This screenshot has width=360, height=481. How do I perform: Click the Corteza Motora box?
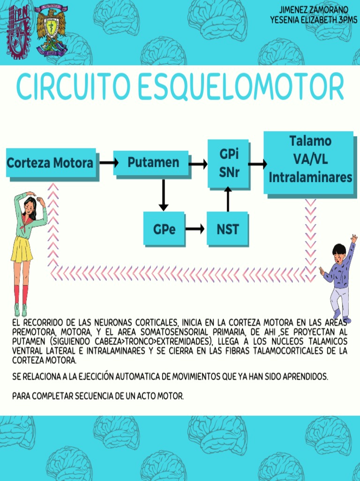tap(51, 163)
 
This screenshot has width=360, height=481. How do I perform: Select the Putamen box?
tap(152, 163)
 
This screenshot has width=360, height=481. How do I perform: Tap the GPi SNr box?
tap(229, 163)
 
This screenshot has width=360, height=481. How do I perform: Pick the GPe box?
tap(164, 229)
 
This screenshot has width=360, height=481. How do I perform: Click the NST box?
tap(227, 229)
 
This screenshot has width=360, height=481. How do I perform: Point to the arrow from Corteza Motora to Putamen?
tap(109, 163)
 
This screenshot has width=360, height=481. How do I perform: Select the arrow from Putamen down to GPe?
tap(164, 195)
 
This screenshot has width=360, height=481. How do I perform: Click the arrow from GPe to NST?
tap(195, 229)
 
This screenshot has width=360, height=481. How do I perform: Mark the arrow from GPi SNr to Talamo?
tap(257, 164)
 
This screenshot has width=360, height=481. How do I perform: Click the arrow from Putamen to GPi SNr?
tap(198, 164)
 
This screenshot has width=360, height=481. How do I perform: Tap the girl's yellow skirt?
tap(22, 248)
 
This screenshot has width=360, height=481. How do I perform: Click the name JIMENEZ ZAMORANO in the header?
tap(314, 10)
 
